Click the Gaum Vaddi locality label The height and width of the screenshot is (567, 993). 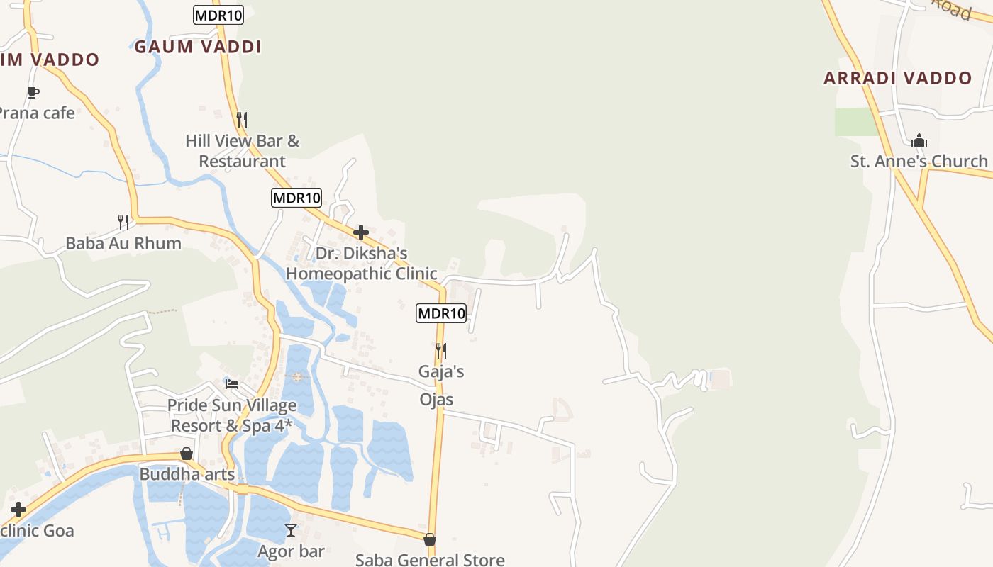tap(198, 47)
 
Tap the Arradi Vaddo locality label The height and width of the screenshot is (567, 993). tap(897, 78)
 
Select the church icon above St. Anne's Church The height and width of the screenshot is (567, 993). tap(919, 140)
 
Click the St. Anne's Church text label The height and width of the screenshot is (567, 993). tap(919, 162)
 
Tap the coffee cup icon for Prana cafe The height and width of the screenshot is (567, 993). tap(33, 92)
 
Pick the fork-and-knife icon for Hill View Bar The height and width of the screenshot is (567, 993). tap(242, 119)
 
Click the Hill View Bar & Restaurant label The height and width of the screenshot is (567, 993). tap(243, 151)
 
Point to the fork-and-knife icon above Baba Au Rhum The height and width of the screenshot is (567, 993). tap(123, 223)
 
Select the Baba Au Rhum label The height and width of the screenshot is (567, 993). tap(123, 243)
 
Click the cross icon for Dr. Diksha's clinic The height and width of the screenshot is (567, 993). tap(361, 232)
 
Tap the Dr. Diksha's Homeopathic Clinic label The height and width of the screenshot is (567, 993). tap(361, 263)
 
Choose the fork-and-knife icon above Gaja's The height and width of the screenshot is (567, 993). tap(440, 350)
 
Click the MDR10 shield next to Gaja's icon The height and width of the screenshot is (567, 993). tap(441, 313)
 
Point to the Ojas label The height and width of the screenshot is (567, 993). tap(436, 400)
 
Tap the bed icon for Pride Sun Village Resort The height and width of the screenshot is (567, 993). tap(232, 384)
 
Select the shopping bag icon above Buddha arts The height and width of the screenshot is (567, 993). tap(187, 454)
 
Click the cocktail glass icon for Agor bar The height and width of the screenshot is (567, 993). tap(291, 530)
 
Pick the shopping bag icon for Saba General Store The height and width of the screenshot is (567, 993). tap(430, 539)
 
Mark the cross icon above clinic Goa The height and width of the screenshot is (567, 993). tap(18, 510)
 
